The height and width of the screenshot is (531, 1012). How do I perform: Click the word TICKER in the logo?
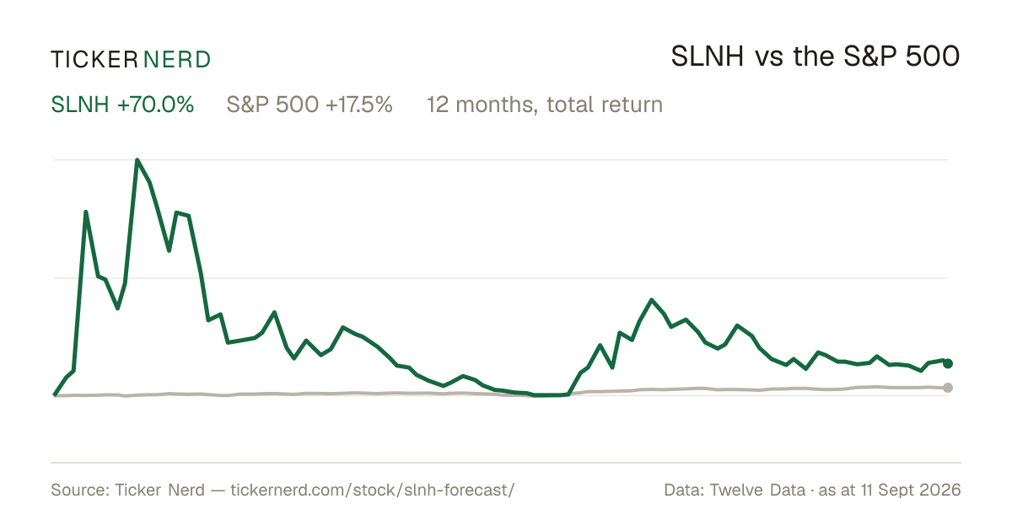pyautogui.click(x=94, y=60)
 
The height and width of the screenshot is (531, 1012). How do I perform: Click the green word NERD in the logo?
pyautogui.click(x=176, y=60)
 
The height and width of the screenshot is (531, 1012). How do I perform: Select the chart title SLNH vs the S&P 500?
pyautogui.click(x=815, y=56)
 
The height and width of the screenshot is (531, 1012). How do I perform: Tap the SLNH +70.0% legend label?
pyautogui.click(x=122, y=105)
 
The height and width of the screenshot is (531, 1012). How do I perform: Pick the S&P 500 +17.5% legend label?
pyautogui.click(x=310, y=105)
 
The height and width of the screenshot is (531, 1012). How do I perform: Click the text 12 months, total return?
pyautogui.click(x=545, y=105)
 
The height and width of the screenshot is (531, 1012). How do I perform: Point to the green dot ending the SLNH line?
pyautogui.click(x=948, y=363)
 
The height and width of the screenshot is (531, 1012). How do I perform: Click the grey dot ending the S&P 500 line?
pyautogui.click(x=948, y=388)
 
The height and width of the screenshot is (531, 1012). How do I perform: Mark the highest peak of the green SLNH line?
pyautogui.click(x=137, y=160)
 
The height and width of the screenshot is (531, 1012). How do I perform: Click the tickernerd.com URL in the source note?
pyautogui.click(x=372, y=490)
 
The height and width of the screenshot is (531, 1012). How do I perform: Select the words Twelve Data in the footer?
pyautogui.click(x=757, y=490)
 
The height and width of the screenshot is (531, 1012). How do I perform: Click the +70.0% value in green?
pyautogui.click(x=155, y=105)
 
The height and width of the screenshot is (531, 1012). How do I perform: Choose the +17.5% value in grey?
pyautogui.click(x=358, y=105)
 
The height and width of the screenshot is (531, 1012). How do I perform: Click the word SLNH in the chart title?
pyautogui.click(x=707, y=56)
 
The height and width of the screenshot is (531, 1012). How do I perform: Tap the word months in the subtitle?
pyautogui.click(x=497, y=105)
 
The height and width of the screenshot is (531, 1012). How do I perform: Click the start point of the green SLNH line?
pyautogui.click(x=55, y=395)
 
